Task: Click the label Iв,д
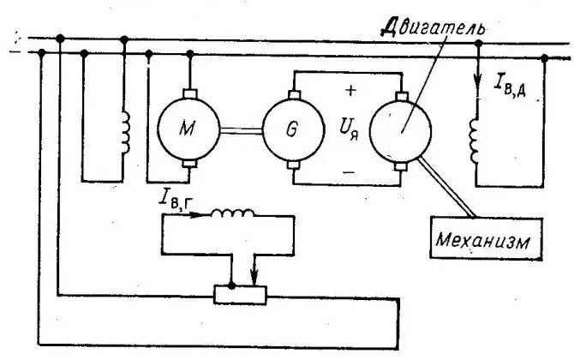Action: (x=513, y=84)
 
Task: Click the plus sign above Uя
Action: (x=350, y=88)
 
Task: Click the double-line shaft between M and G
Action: (x=242, y=130)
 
